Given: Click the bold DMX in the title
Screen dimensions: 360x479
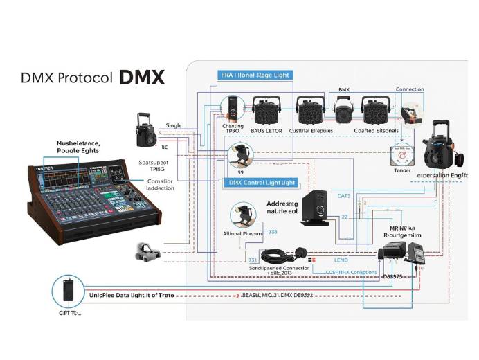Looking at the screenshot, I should [x=142, y=77].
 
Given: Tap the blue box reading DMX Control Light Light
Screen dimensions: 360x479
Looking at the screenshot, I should [x=261, y=182].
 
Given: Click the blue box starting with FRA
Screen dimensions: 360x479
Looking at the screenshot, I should [x=255, y=75].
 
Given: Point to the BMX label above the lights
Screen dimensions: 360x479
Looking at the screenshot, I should [x=343, y=91].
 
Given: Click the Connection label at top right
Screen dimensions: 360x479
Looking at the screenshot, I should [x=409, y=89].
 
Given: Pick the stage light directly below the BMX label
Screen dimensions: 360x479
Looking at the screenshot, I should [x=344, y=109].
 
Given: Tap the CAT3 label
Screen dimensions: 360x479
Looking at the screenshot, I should [x=344, y=196].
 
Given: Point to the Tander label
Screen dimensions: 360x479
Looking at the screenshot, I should [x=401, y=169].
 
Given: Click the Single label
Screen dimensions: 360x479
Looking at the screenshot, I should [x=174, y=125].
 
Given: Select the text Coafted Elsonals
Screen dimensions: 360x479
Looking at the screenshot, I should [x=377, y=130].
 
